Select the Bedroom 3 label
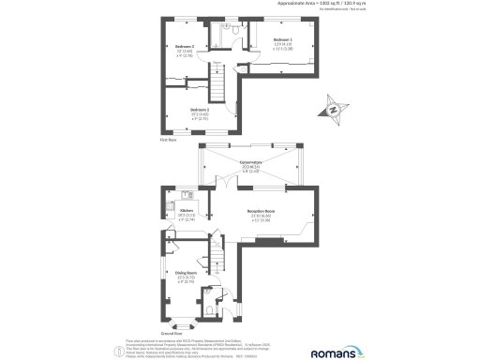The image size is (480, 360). (185, 46)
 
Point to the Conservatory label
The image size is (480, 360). (250, 161)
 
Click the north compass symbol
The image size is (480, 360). (335, 111)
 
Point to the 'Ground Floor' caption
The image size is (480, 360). (172, 333)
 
